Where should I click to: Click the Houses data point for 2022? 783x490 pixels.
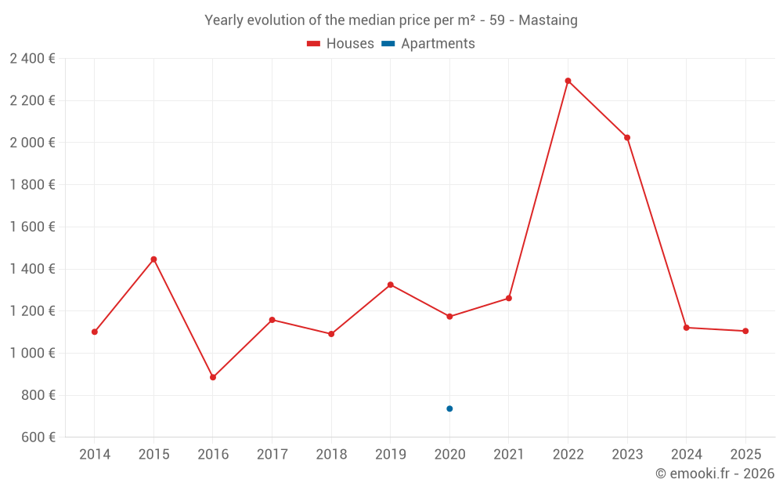[x=568, y=81]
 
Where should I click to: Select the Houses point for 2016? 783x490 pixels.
[x=213, y=377]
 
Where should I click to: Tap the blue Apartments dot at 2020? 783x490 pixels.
[x=449, y=408]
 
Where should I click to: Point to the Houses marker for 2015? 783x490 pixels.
[x=153, y=260]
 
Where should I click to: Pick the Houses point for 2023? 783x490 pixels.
[x=627, y=138]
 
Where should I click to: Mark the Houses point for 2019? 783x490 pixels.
[x=390, y=285]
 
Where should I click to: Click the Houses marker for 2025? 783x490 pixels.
[x=745, y=331]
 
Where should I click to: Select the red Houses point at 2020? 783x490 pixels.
[x=449, y=317]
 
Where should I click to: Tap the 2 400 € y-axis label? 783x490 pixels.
[x=32, y=59]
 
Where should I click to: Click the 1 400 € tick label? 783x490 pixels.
[x=32, y=269]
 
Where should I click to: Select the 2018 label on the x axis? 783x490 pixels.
[x=331, y=455]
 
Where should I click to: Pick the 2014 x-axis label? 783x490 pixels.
[x=95, y=455]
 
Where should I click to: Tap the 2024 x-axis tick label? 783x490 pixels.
[x=686, y=455]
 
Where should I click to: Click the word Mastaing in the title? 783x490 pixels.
[x=548, y=20]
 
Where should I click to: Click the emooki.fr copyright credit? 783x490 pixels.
[x=714, y=474]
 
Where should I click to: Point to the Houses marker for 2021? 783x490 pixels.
[x=509, y=298]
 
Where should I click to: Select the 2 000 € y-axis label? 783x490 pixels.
[x=32, y=143]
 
